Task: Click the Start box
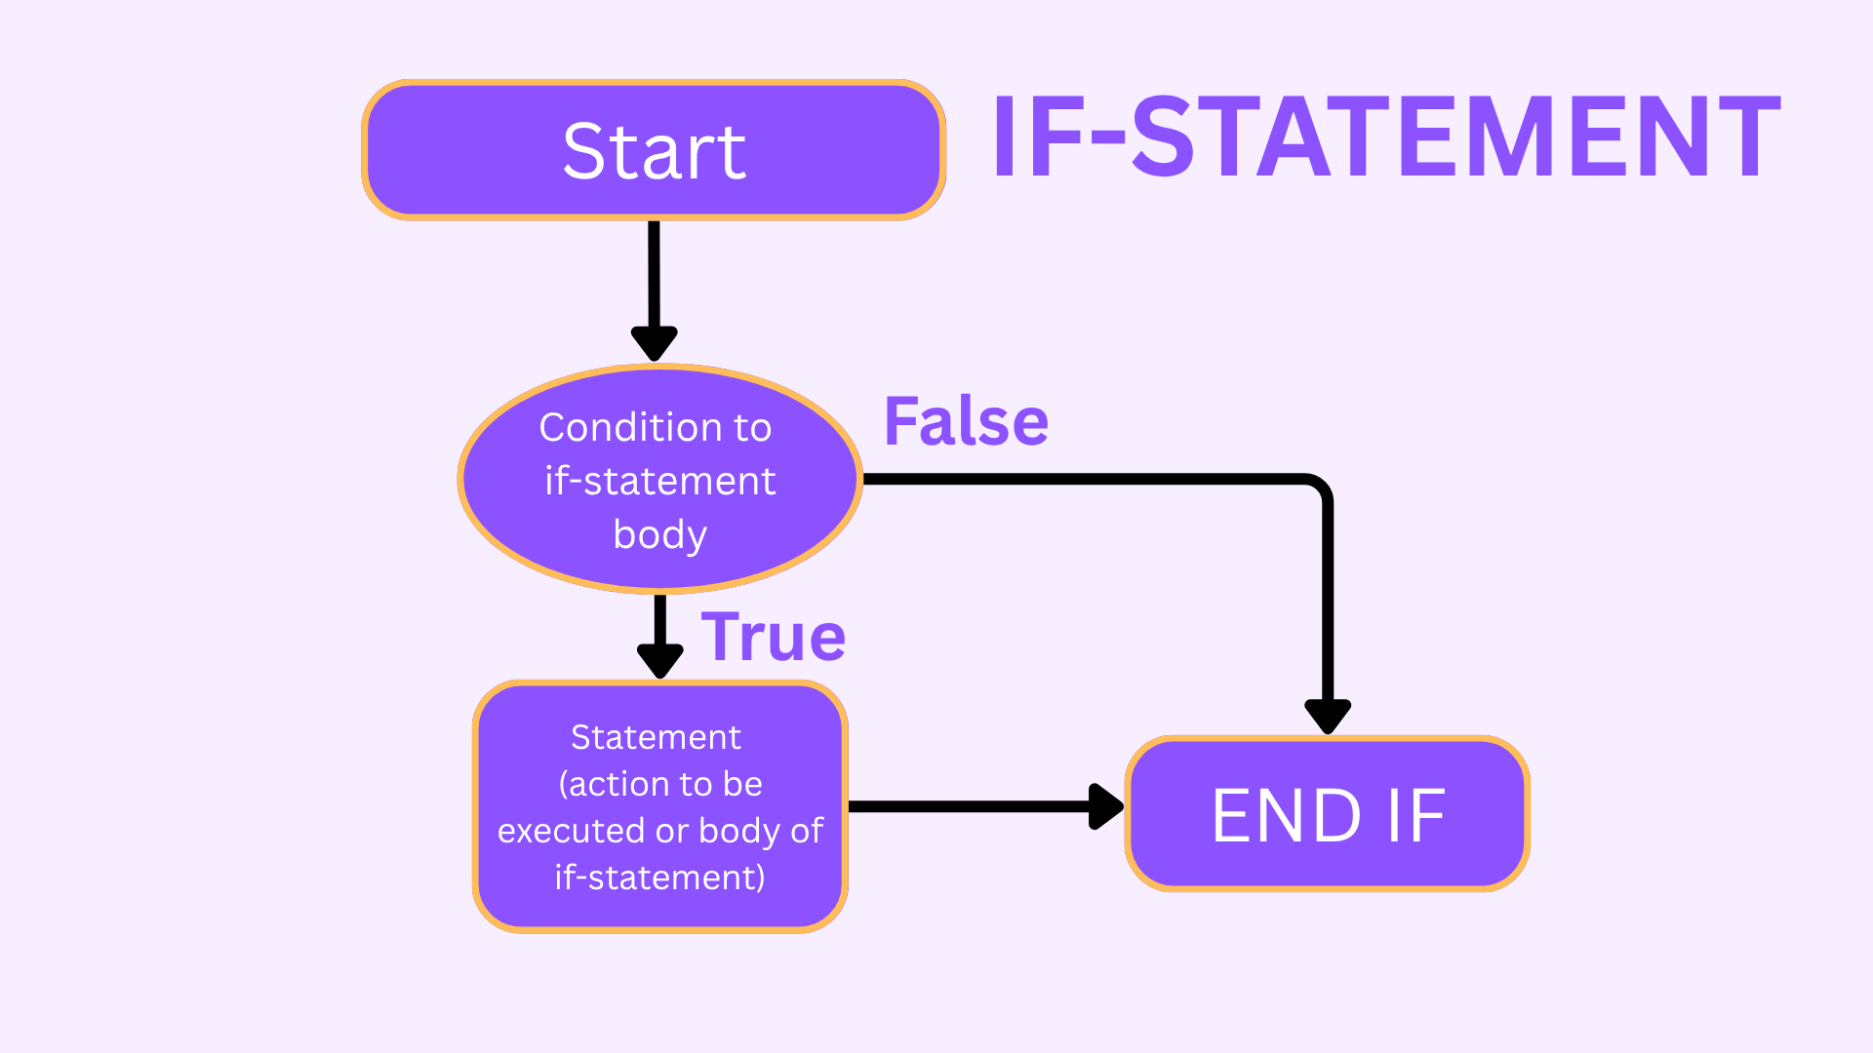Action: (654, 150)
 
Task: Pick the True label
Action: (774, 637)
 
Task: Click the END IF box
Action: (1328, 814)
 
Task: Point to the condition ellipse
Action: (660, 479)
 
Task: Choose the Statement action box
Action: (660, 806)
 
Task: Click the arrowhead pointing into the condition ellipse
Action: (655, 344)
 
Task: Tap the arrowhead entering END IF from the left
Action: (1107, 806)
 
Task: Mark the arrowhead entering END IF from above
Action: (1328, 717)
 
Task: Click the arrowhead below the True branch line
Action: (660, 661)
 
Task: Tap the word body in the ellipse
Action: (660, 535)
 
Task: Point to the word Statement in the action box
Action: (656, 737)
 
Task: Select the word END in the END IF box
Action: (1287, 815)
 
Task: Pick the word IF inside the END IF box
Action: (1416, 815)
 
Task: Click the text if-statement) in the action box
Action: (660, 877)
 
